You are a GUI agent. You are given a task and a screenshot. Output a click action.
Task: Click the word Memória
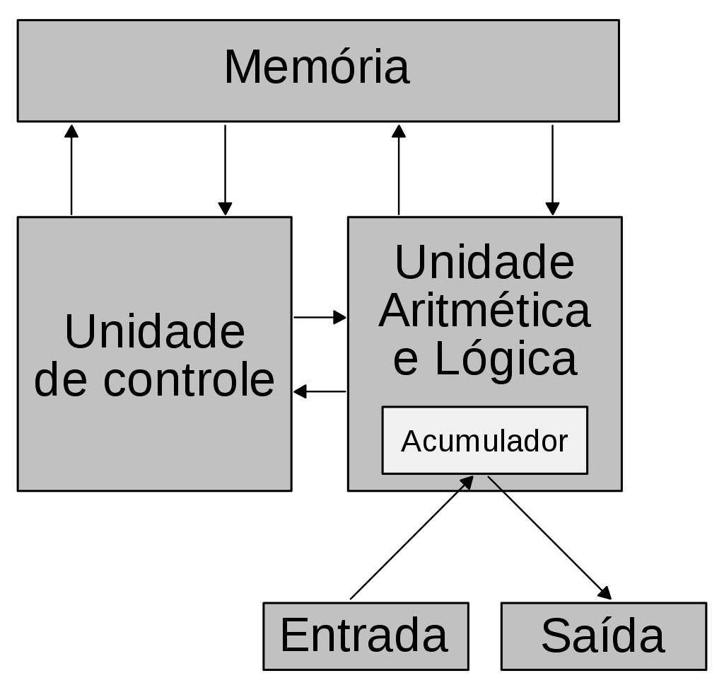[x=317, y=68]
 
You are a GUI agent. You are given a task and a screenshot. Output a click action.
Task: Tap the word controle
[x=189, y=380]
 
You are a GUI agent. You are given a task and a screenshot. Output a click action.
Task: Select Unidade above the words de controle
[x=154, y=332]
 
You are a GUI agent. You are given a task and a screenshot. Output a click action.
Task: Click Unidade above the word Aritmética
[x=484, y=263]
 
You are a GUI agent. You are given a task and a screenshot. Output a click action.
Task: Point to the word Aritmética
[x=484, y=311]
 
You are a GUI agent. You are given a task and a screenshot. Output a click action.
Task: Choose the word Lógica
[x=506, y=359]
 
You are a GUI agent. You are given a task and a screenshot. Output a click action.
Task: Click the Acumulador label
[x=484, y=442]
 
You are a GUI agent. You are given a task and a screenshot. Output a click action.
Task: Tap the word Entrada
[x=364, y=636]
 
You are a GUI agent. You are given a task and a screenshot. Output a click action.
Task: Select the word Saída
[x=602, y=636]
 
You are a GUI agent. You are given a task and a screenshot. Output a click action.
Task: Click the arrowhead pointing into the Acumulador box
[x=467, y=483]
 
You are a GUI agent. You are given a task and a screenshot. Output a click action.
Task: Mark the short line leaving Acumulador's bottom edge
[x=495, y=483]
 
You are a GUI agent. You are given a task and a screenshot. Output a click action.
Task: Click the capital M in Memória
[x=243, y=68]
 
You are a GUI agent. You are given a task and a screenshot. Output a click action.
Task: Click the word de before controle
[x=61, y=380]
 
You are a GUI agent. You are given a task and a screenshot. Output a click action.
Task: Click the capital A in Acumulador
[x=411, y=442]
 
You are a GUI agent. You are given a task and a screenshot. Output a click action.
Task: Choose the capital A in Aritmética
[x=395, y=311]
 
